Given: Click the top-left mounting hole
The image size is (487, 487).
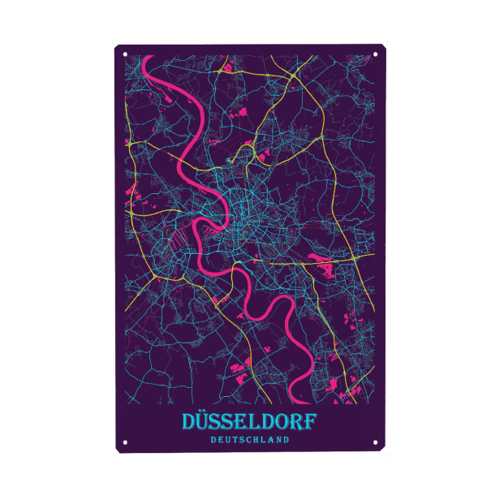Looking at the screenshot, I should pyautogui.click(x=125, y=55).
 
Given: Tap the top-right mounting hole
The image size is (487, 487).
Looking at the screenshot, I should pyautogui.click(x=377, y=55).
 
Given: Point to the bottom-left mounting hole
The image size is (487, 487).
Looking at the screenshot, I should pyautogui.click(x=125, y=442).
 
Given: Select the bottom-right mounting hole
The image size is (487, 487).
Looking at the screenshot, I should pyautogui.click(x=377, y=442).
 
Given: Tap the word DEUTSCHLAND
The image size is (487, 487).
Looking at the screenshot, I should pyautogui.click(x=249, y=440).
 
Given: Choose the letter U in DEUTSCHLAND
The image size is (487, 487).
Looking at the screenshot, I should pyautogui.click(x=227, y=440).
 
